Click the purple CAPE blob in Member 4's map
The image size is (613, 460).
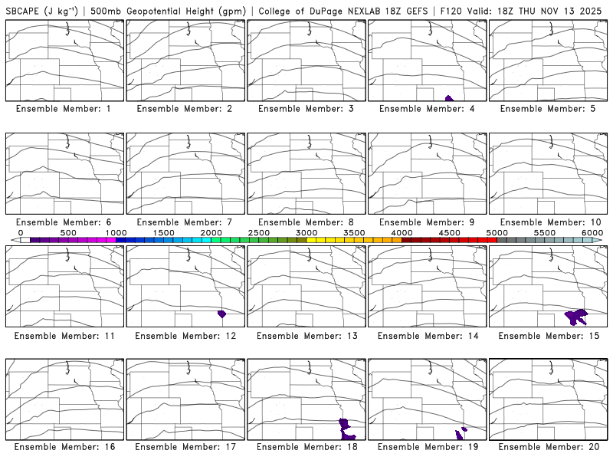coord(449,98)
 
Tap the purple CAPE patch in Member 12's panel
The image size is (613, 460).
coord(222,314)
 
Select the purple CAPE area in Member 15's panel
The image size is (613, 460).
coord(575,315)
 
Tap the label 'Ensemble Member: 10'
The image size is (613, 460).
coord(549,222)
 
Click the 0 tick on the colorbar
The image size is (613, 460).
coord(21,232)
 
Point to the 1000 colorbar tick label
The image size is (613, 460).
coord(116,232)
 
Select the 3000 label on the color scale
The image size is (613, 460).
coord(306,232)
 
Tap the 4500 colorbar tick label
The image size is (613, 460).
coord(449,232)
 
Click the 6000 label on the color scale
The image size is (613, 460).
coord(592,232)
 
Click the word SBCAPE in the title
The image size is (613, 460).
coord(23,10)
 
